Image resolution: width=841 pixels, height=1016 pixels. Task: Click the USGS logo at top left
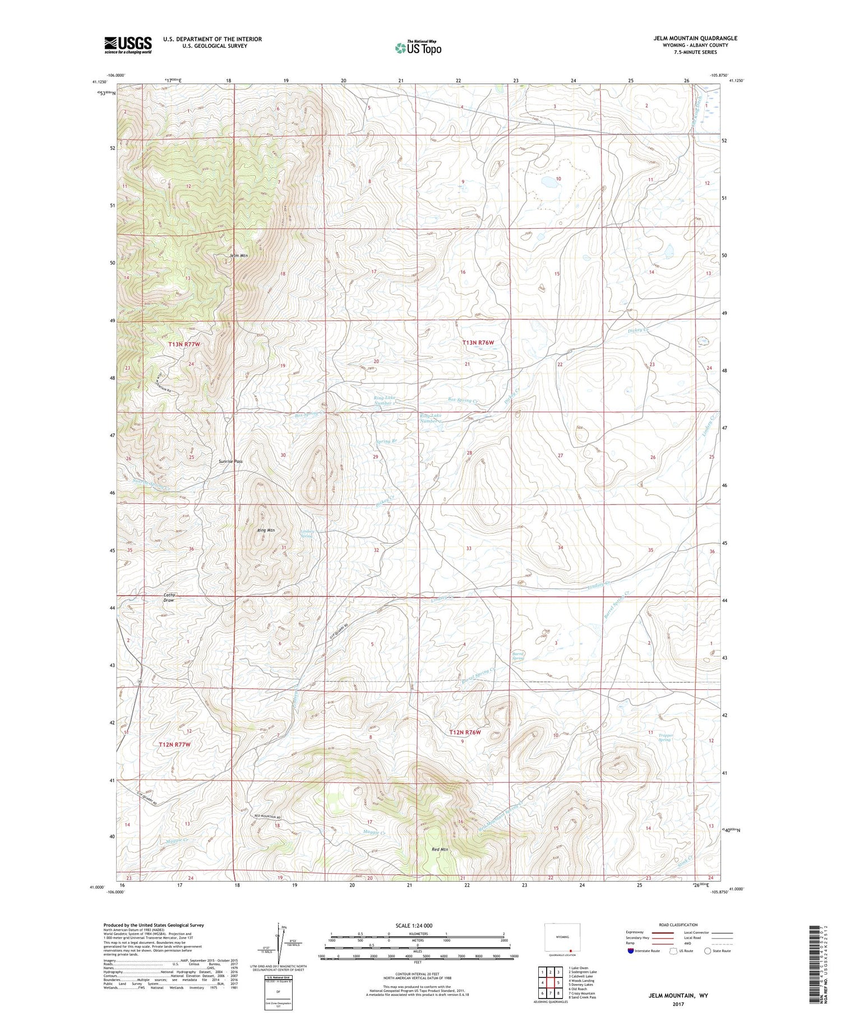click(x=128, y=45)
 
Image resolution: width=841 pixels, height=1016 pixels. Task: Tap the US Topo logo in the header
click(x=418, y=48)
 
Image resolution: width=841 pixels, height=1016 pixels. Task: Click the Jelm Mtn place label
click(x=238, y=256)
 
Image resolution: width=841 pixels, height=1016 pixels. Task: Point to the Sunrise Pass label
click(x=230, y=462)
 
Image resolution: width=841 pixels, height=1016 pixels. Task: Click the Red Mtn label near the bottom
click(x=440, y=850)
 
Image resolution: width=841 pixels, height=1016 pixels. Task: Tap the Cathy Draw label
click(x=169, y=597)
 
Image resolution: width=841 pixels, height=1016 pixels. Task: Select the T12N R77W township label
click(x=174, y=744)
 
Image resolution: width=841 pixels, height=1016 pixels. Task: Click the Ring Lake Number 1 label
click(x=385, y=400)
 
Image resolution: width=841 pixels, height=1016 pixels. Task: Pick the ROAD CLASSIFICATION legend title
click(x=678, y=925)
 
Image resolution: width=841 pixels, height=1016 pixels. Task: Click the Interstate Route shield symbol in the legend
click(x=632, y=950)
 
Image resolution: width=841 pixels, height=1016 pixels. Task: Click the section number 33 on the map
click(x=468, y=549)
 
